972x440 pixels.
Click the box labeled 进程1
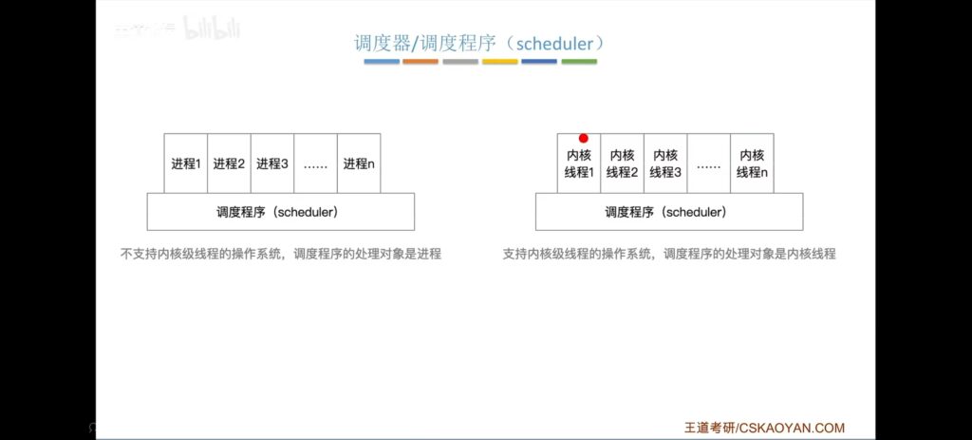186,163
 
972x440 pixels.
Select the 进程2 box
230,163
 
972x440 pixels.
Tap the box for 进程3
272,163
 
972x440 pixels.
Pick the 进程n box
359,163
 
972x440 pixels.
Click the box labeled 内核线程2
623,163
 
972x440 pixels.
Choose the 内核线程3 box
665,163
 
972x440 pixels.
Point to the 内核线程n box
752,163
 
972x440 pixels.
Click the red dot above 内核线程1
584,139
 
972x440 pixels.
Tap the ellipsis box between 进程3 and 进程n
316,163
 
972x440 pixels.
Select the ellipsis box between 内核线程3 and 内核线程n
708,163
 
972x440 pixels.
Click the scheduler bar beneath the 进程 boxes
281,212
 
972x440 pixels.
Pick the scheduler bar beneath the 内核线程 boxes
669,212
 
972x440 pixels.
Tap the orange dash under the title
421,62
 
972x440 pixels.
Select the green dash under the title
580,62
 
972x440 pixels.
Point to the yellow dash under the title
499,62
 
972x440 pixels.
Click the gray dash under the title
460,62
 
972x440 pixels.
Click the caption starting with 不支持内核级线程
281,254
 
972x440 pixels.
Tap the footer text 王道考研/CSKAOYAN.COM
764,428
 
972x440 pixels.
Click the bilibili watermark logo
212,29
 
